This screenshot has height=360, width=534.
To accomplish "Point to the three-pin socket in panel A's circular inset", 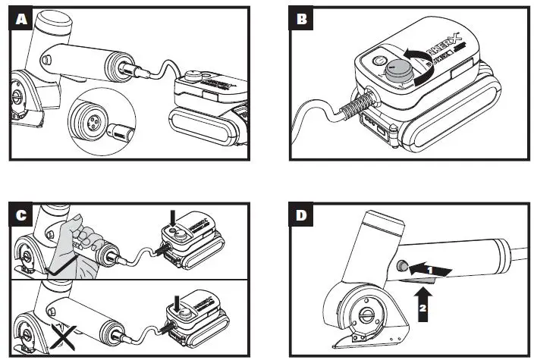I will pyautogui.click(x=85, y=118).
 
